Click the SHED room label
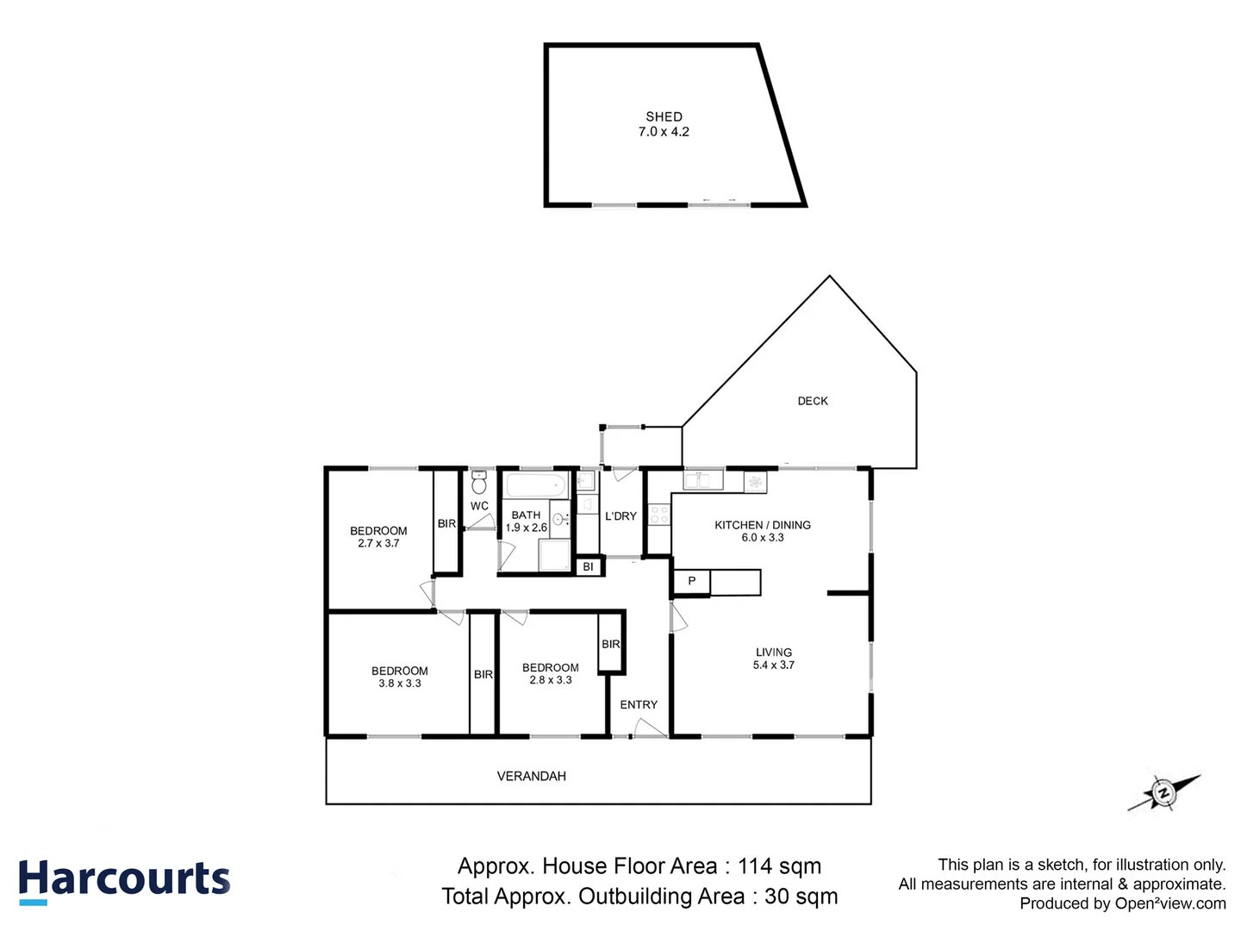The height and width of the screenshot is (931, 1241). (664, 116)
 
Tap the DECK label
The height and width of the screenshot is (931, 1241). (812, 401)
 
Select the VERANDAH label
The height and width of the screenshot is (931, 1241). (531, 776)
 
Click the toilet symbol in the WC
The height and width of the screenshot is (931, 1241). (479, 484)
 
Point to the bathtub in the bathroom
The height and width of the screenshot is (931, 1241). (535, 484)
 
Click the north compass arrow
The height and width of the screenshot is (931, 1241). (1164, 792)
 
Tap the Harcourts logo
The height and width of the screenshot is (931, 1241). (124, 881)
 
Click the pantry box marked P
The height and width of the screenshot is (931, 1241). (691, 582)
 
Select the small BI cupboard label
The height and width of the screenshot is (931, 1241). (588, 566)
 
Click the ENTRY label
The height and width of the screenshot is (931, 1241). (639, 704)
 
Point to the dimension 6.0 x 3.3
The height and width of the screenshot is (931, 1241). (763, 537)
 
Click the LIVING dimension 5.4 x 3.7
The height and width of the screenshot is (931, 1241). (773, 665)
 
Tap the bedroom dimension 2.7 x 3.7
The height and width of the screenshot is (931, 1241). (378, 543)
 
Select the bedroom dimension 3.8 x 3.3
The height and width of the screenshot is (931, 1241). (400, 683)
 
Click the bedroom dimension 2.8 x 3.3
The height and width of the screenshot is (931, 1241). (551, 679)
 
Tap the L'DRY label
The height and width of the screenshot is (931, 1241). (620, 515)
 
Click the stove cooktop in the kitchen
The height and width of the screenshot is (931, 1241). (659, 515)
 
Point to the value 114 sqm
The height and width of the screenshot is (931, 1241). (779, 865)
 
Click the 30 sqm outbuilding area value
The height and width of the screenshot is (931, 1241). (801, 897)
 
